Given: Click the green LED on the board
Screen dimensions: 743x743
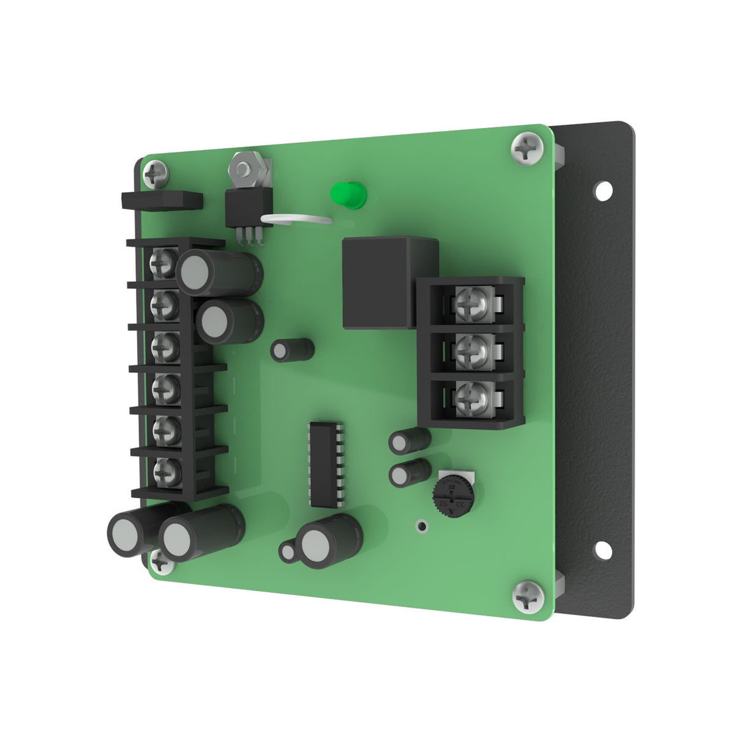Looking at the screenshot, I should pos(346,195).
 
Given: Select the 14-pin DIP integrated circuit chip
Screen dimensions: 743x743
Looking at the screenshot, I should pos(324,464).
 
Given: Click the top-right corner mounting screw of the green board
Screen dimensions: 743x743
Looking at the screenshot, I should pos(527,147).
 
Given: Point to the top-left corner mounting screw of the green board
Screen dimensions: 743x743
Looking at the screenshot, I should pos(155,174).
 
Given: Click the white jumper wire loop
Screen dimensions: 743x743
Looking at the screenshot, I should pos(297,218).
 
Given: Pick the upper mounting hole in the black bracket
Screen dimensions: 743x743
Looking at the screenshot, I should pos(603,190).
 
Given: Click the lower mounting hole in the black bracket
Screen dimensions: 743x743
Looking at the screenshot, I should pos(603,550).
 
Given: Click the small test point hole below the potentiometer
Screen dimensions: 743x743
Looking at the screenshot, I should pos(420,526).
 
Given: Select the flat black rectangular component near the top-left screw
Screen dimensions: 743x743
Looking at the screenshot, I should pos(162,200).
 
